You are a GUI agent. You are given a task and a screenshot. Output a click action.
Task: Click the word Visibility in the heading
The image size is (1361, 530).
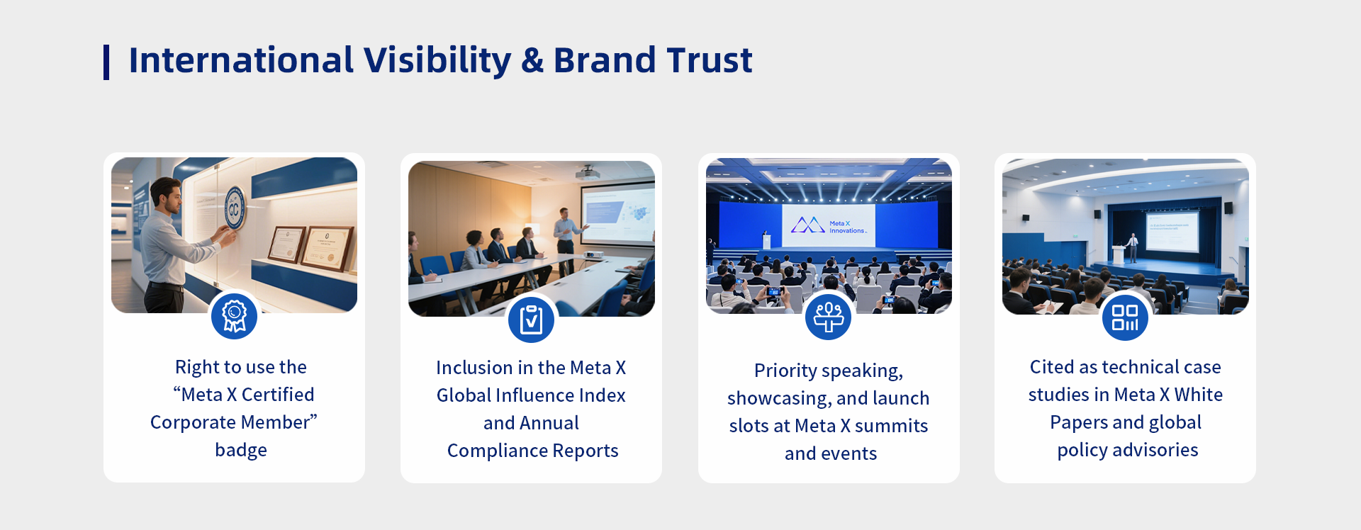coord(437,61)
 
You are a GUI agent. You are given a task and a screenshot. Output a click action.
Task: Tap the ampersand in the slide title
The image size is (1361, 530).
coord(532,60)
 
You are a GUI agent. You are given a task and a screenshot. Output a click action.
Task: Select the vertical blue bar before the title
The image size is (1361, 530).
coord(106,62)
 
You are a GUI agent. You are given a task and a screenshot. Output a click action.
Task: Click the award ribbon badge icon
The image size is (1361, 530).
coord(234,316)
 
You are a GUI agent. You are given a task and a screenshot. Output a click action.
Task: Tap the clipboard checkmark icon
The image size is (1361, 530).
coord(531,320)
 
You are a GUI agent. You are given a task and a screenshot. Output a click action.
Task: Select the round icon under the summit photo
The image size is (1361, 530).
coord(828,317)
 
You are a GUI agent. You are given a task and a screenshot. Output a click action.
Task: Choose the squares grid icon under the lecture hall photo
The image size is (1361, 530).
coord(1125,317)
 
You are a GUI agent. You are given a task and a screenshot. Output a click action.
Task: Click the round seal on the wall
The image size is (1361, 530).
coord(235,208)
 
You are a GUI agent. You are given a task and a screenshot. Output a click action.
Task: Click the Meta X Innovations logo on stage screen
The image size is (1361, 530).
coord(829,226)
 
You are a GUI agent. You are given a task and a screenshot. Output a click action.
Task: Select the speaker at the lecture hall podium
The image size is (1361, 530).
coord(1133,247)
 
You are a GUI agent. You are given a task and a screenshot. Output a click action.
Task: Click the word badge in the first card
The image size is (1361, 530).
coord(241,450)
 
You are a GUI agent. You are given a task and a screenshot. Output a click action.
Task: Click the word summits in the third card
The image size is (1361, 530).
coord(891,426)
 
